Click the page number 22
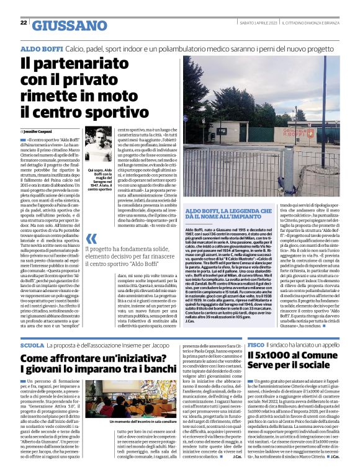pos(23,23)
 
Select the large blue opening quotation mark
pos(91,239)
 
